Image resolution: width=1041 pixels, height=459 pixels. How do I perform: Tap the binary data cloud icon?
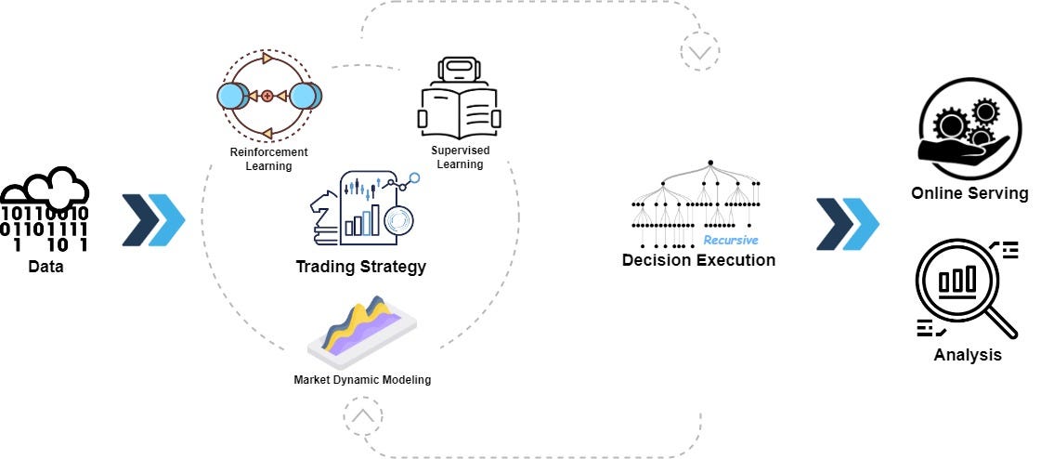click(45, 212)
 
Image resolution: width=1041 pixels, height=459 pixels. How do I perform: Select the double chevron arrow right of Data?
click(153, 220)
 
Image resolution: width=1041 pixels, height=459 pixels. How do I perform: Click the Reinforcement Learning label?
click(269, 159)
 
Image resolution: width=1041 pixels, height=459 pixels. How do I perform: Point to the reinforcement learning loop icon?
click(268, 95)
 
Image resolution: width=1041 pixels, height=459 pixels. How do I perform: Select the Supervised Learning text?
click(461, 157)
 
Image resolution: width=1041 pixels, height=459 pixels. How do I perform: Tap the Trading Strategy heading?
click(360, 267)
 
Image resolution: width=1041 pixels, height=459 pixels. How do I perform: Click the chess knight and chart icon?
click(362, 209)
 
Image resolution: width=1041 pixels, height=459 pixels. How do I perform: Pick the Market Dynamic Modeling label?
click(362, 379)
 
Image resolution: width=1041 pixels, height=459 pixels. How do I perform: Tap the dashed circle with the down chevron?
click(698, 52)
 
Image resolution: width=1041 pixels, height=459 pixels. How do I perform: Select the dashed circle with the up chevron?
click(362, 415)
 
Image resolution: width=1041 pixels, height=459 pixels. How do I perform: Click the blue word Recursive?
click(730, 240)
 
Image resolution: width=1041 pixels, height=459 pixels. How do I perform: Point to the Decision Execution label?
click(698, 260)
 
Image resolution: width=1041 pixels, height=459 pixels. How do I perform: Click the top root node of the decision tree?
click(709, 164)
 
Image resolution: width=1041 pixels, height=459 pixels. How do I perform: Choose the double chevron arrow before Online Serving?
click(847, 224)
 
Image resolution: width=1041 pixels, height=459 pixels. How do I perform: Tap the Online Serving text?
click(969, 193)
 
